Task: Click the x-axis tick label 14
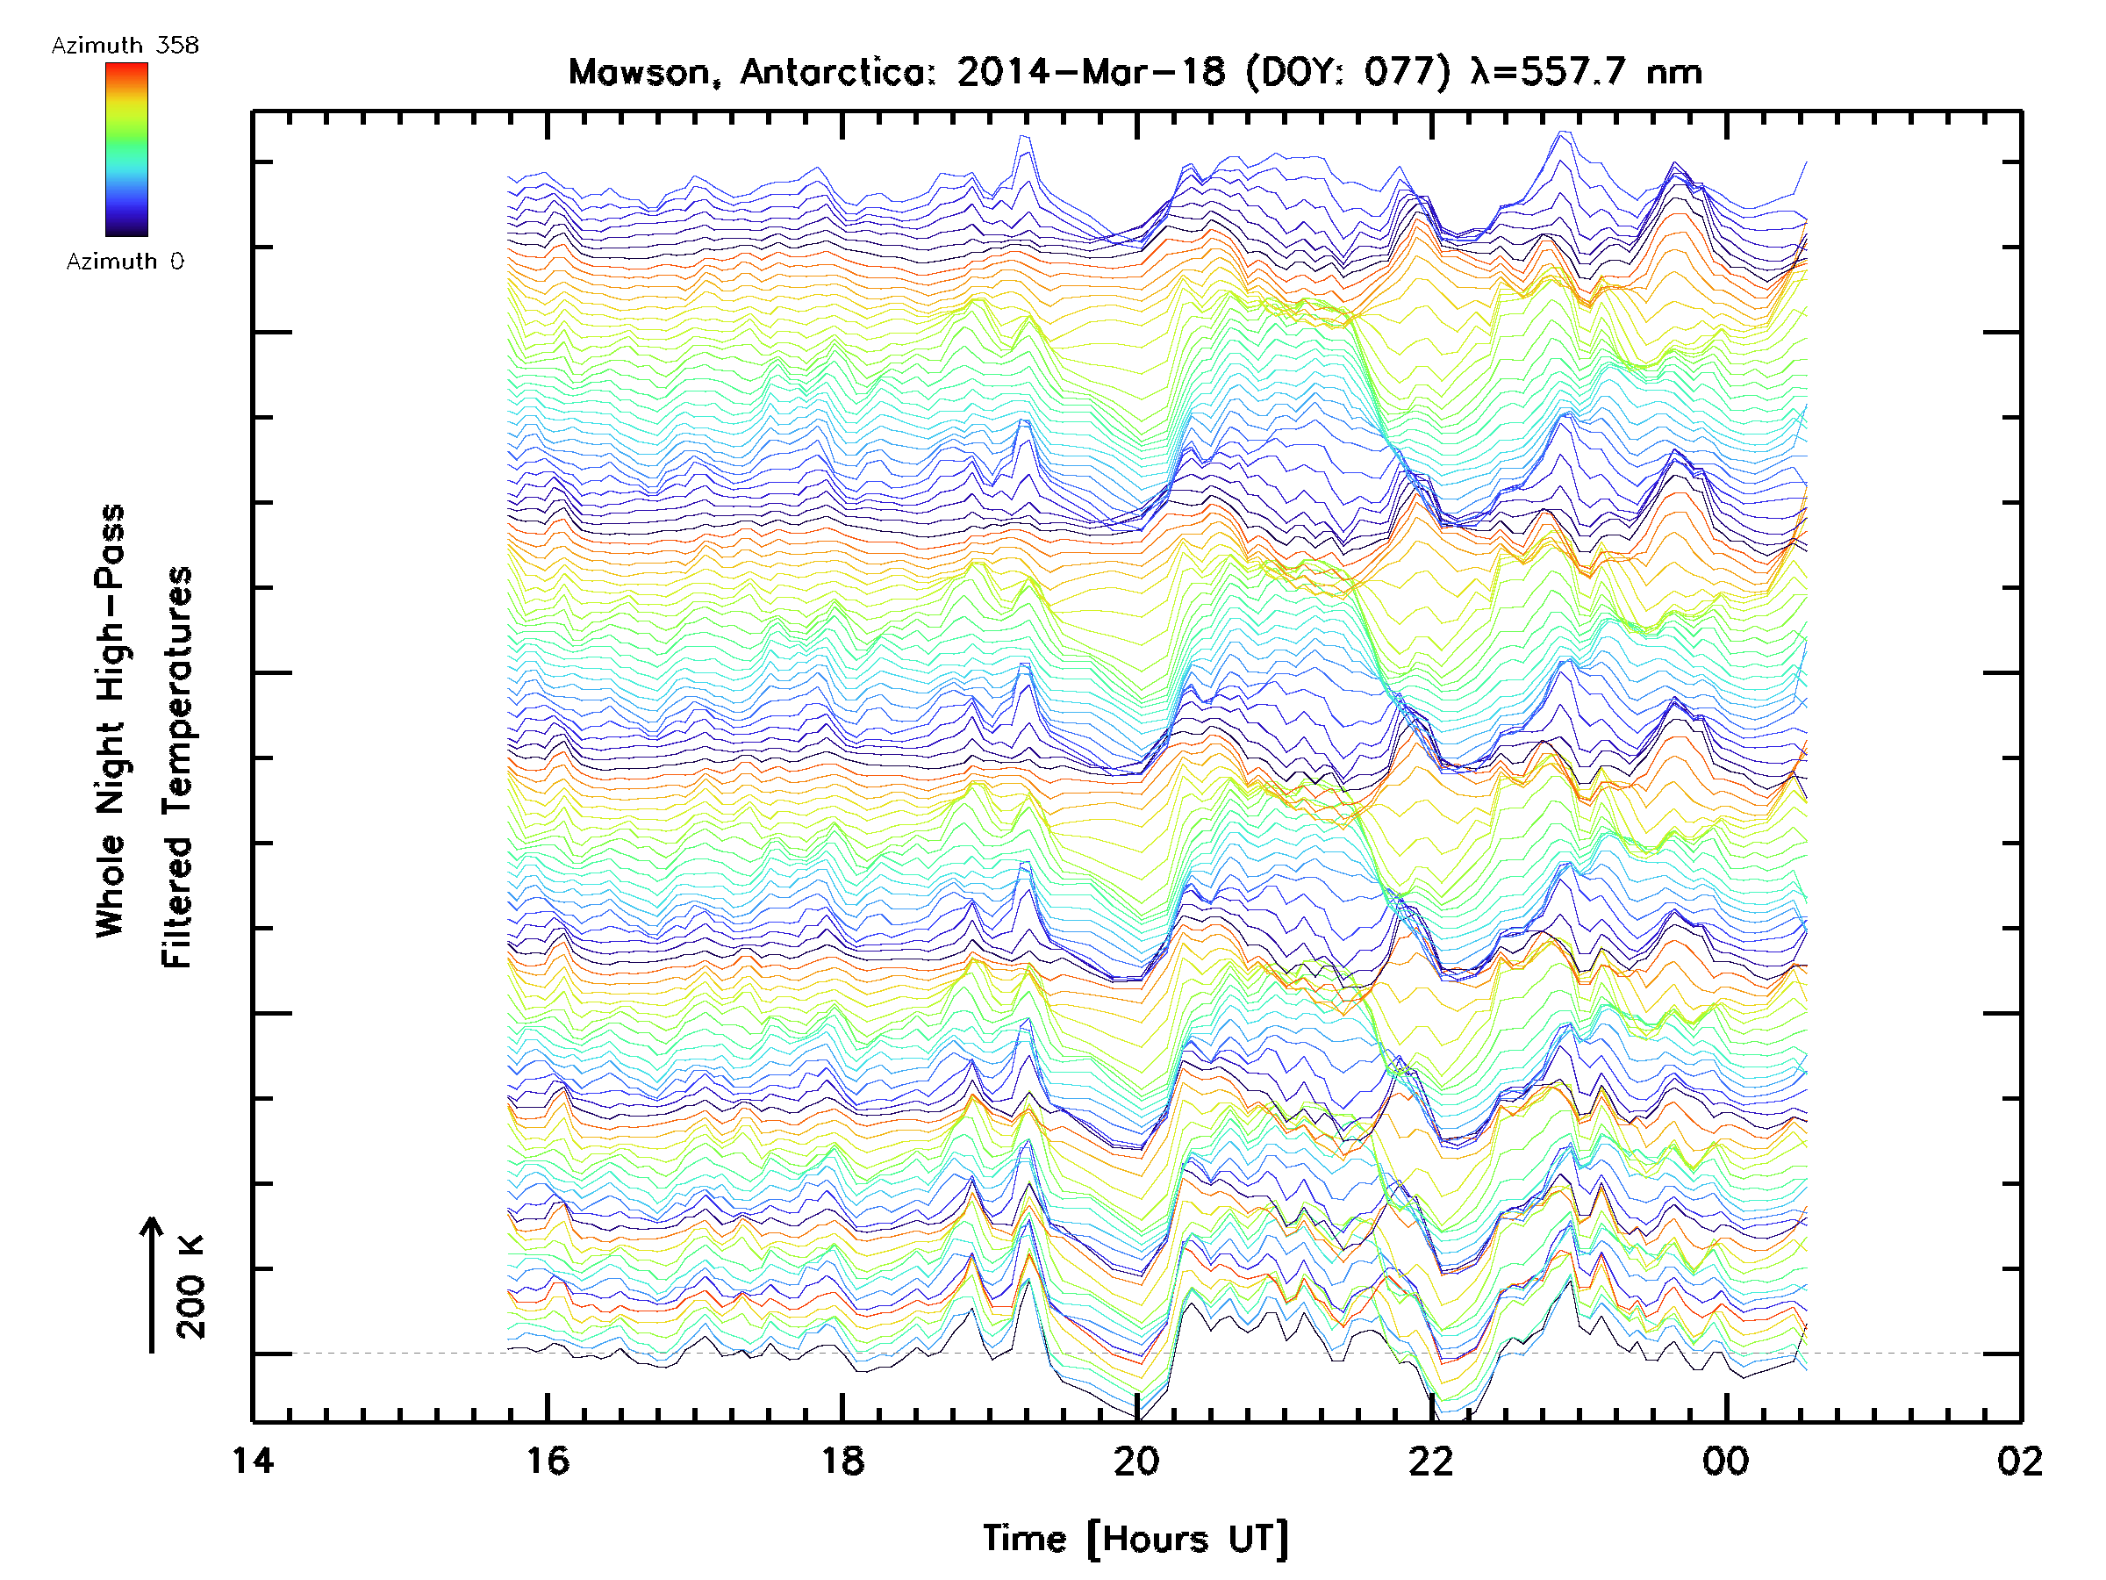pyautogui.click(x=253, y=1460)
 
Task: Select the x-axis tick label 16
pyautogui.click(x=548, y=1460)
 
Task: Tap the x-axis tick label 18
pyautogui.click(x=842, y=1460)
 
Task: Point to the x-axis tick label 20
pyautogui.click(x=1136, y=1460)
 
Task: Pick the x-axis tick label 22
pyautogui.click(x=1431, y=1460)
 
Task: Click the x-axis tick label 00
pyautogui.click(x=1725, y=1460)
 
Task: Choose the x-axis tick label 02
pyautogui.click(x=2019, y=1460)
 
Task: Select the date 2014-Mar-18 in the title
pyautogui.click(x=1091, y=72)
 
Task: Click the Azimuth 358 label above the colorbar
pyautogui.click(x=125, y=46)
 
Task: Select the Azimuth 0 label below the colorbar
pyautogui.click(x=125, y=261)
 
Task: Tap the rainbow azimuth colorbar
pyautogui.click(x=126, y=149)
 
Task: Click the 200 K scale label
pyautogui.click(x=190, y=1287)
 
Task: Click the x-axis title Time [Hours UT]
pyautogui.click(x=1135, y=1539)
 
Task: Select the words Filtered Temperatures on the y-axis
pyautogui.click(x=177, y=766)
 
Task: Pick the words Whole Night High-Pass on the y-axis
pyautogui.click(x=111, y=720)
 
